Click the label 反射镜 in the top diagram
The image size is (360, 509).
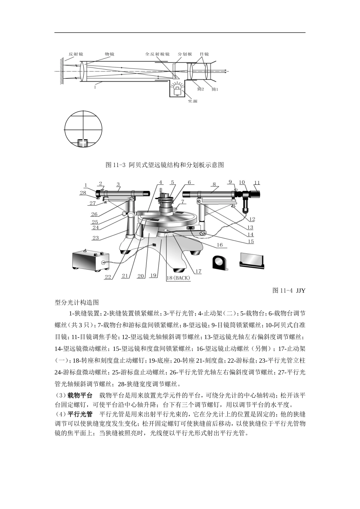75,54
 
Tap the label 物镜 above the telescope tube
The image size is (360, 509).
110,54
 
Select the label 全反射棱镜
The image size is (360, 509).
157,54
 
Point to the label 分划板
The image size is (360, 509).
185,54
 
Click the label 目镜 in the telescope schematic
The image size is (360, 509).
204,54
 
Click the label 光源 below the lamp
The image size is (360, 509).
193,101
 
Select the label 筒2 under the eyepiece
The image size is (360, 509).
200,89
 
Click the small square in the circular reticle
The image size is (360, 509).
83,143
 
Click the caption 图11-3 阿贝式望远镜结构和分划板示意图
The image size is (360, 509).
164,165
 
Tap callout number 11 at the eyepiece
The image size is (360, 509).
257,183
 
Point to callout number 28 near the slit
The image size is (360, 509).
83,193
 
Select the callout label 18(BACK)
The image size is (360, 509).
178,278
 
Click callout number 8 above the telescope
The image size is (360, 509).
214,184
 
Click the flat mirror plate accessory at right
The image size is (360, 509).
252,260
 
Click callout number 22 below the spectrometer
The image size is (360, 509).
108,277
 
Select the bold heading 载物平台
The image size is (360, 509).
80,395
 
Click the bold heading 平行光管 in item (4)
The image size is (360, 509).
80,413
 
